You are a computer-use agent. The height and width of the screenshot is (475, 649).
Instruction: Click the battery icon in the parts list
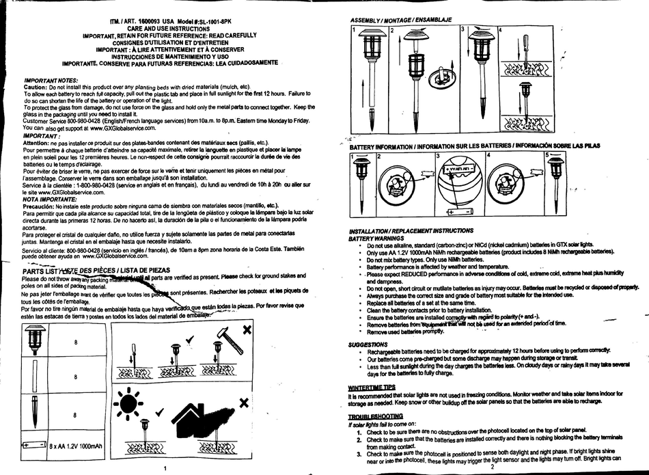(x=33, y=445)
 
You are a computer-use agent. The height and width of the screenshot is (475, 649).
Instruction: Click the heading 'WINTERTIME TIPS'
(x=372, y=388)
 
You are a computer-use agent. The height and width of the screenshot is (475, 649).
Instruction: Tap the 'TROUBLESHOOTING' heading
(x=375, y=416)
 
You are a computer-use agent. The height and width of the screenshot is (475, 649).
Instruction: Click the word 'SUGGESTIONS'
(x=368, y=344)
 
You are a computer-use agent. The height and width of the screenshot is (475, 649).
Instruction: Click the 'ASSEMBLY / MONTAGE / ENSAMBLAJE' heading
(x=401, y=19)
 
